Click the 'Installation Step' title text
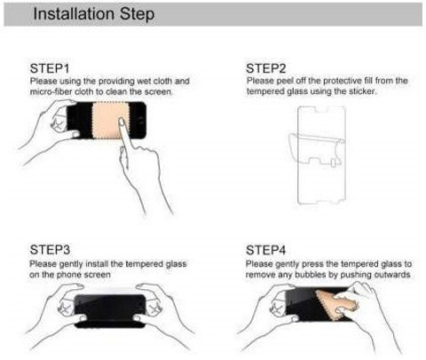tap(94, 14)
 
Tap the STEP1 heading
tap(50, 68)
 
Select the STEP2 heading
tap(266, 68)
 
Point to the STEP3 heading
tap(50, 250)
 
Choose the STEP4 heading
tap(266, 250)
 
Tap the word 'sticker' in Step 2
tap(362, 91)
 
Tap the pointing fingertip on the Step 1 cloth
tap(121, 121)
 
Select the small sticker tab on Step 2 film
tap(333, 162)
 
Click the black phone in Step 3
tap(110, 311)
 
